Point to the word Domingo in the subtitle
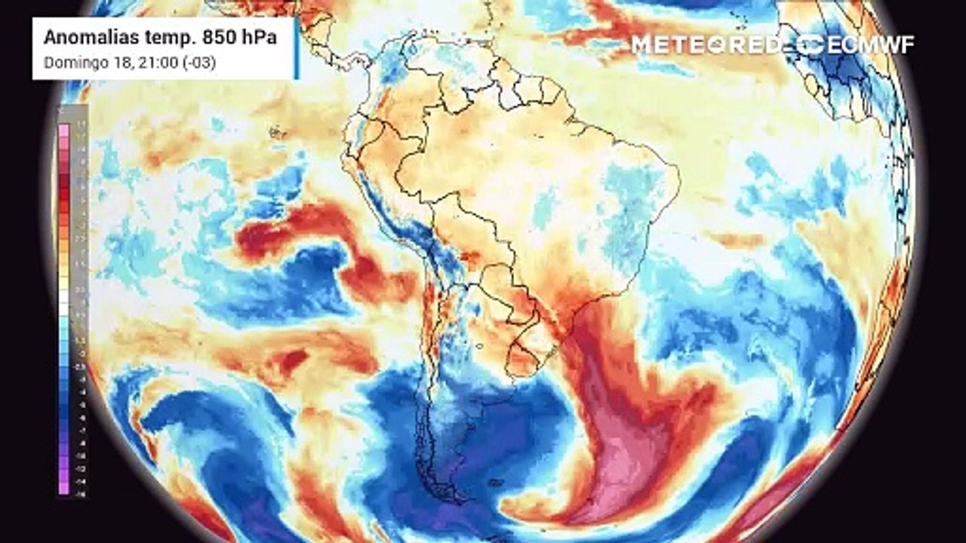(68, 63)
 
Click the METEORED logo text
(706, 44)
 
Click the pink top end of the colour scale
(63, 130)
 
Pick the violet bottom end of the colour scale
(63, 489)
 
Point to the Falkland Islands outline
(495, 483)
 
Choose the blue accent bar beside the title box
(297, 48)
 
